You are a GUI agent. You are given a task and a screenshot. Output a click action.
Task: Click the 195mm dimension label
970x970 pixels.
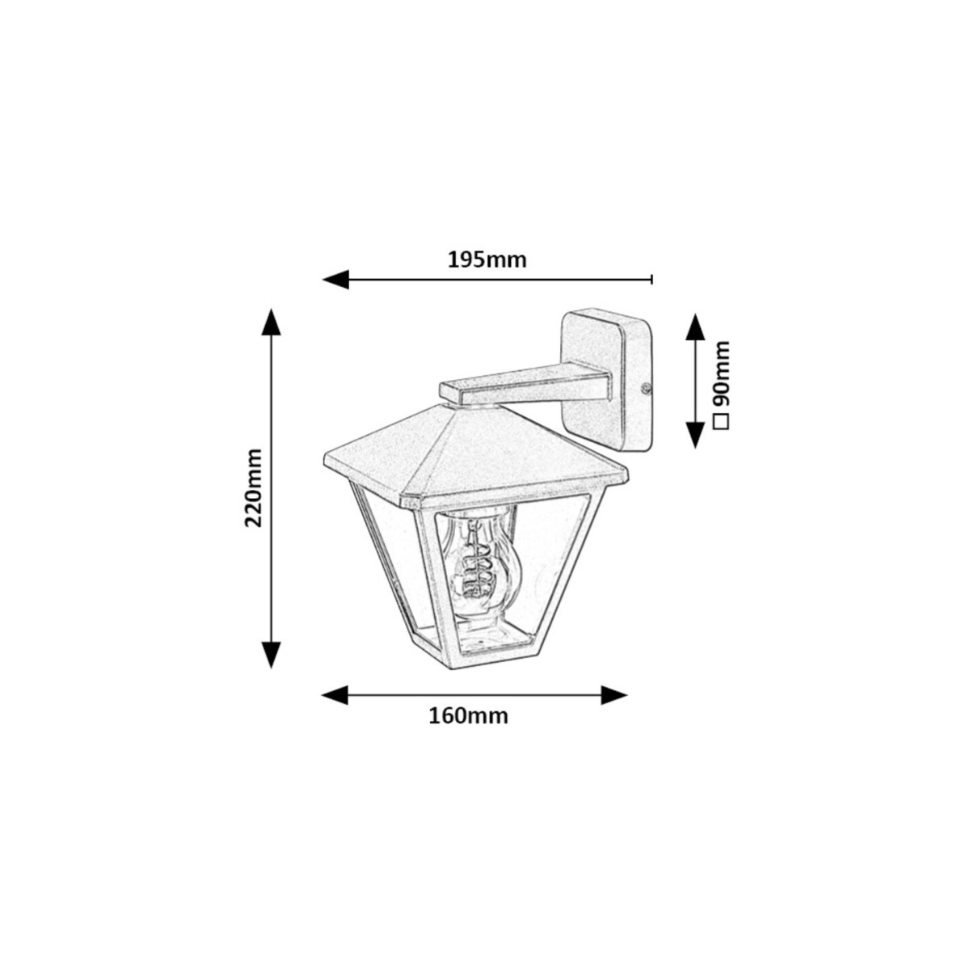(x=487, y=260)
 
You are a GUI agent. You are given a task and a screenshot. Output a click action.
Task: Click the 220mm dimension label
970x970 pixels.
(x=254, y=487)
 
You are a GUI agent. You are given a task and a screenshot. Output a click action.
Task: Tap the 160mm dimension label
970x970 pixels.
(x=468, y=716)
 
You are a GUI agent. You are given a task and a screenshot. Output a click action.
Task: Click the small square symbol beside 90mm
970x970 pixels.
(x=722, y=421)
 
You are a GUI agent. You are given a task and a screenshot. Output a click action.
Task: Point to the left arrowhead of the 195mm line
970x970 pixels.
(x=335, y=280)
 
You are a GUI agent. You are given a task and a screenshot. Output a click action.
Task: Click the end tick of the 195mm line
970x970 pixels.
(x=652, y=280)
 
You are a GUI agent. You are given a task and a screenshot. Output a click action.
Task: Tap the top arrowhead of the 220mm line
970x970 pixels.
(x=272, y=323)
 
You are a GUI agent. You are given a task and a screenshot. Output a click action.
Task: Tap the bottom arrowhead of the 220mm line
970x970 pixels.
(x=272, y=655)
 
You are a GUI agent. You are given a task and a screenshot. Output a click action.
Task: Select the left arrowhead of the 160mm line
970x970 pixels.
(x=335, y=695)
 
